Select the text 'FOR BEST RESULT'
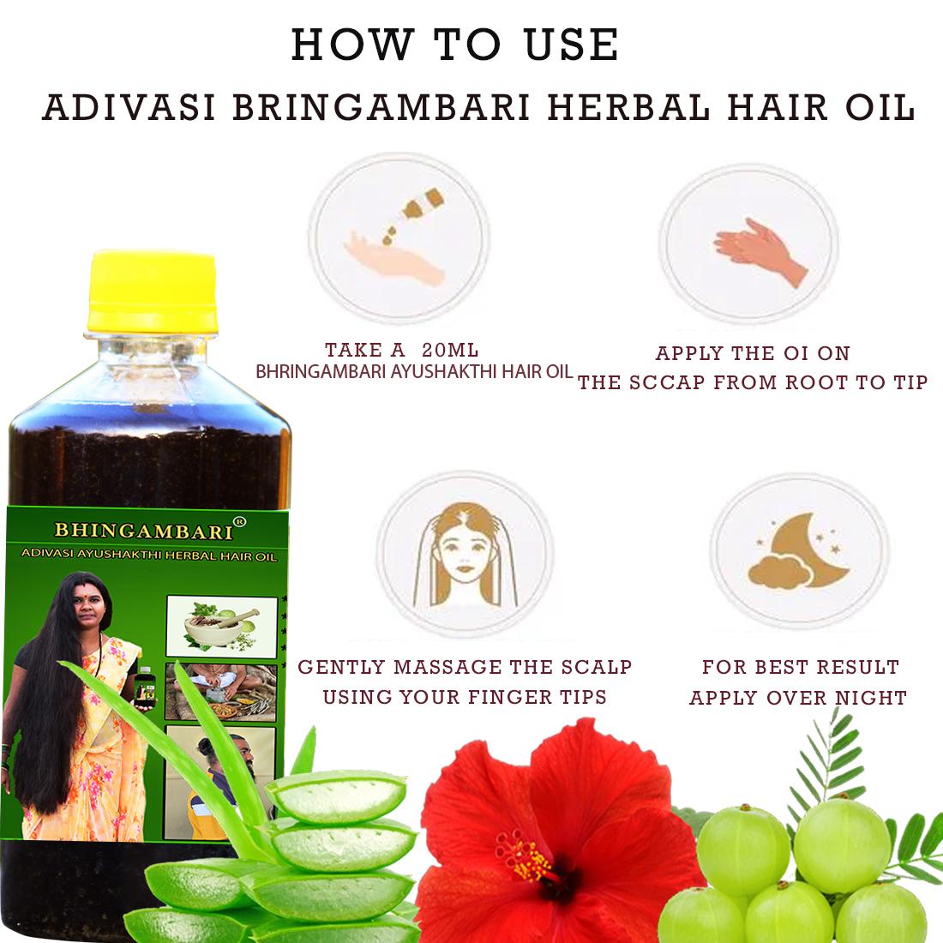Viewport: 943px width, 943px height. (799, 667)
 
